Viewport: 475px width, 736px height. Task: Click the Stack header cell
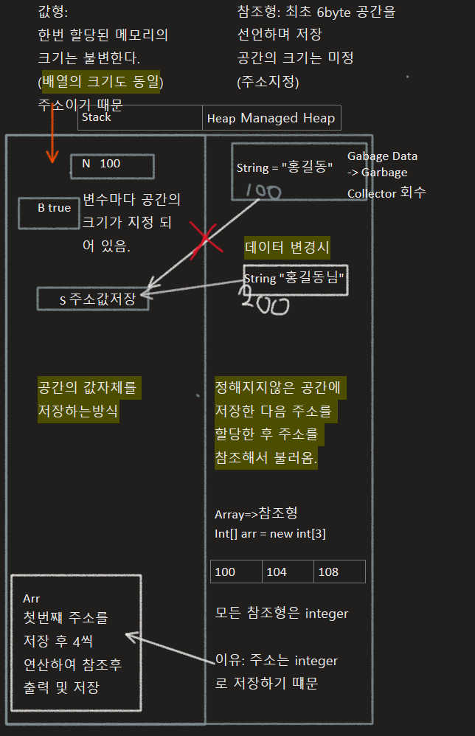coord(139,117)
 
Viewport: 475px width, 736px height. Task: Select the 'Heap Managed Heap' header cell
coord(271,118)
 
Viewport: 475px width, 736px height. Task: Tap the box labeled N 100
coord(112,166)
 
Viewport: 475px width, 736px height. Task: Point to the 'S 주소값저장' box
coord(93,299)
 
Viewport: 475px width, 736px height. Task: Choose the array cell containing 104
coord(288,572)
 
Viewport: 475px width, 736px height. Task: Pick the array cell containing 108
coord(339,572)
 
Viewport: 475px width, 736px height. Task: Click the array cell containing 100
coord(236,572)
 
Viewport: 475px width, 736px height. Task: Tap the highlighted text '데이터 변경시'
coord(287,248)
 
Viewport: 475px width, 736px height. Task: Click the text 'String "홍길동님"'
coord(295,278)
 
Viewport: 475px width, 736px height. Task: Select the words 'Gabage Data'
coord(382,156)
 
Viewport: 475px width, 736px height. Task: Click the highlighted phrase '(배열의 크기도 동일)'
coord(100,81)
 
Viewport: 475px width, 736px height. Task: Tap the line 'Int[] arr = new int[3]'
coord(270,533)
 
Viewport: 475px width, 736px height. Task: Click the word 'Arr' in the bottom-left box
coord(32,598)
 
